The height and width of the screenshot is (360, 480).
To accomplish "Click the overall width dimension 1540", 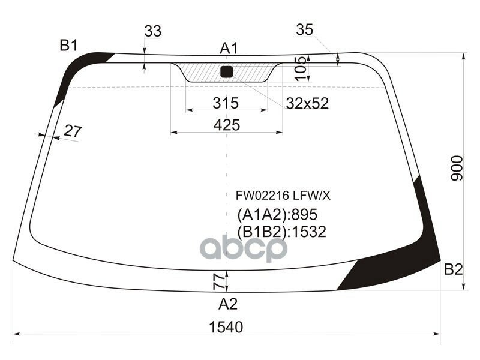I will pyautogui.click(x=226, y=327).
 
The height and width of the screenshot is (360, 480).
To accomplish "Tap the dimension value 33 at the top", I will pyautogui.click(x=153, y=31).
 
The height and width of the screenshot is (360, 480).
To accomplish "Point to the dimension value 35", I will pyautogui.click(x=305, y=30).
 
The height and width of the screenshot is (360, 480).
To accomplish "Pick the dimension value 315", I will pyautogui.click(x=226, y=103).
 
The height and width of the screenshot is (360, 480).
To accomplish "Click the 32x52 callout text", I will pyautogui.click(x=307, y=103).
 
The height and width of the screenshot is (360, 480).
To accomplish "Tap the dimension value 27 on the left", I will pyautogui.click(x=72, y=131).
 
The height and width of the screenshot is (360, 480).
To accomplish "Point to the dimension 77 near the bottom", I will pyautogui.click(x=218, y=280).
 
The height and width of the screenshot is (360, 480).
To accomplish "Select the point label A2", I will pyautogui.click(x=227, y=304).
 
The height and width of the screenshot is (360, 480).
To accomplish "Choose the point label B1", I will pyautogui.click(x=68, y=44).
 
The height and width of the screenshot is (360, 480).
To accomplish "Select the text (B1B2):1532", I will pyautogui.click(x=281, y=232).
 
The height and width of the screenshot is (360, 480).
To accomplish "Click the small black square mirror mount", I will pyautogui.click(x=226, y=72).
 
